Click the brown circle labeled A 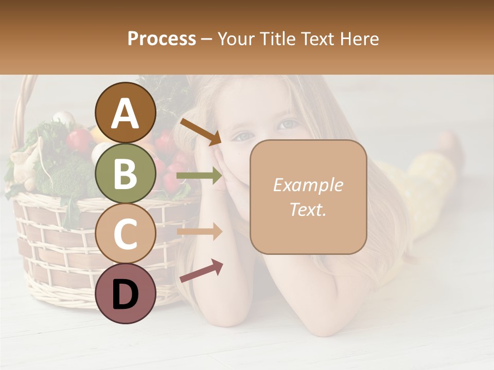[x=126, y=113]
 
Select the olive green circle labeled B [x=126, y=173]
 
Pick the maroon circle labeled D [x=126, y=293]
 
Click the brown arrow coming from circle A [x=201, y=131]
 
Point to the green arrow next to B [x=200, y=176]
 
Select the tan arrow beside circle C [x=200, y=232]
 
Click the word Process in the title [x=162, y=39]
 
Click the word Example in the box [x=308, y=185]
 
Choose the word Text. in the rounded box [x=308, y=209]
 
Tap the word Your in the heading [x=236, y=39]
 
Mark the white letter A [x=126, y=114]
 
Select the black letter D [x=126, y=294]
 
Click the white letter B [x=126, y=174]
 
